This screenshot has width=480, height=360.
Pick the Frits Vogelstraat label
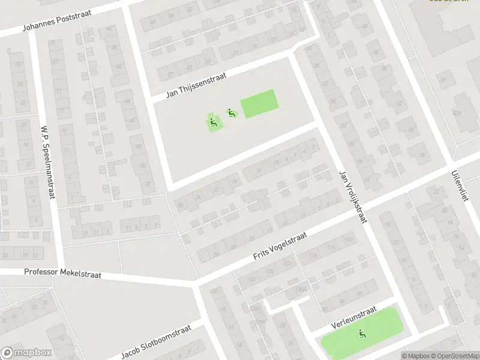point(279,246)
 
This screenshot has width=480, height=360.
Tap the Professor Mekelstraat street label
point(63,273)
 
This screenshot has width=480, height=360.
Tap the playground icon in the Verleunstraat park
point(361,334)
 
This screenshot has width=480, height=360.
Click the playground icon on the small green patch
point(213,124)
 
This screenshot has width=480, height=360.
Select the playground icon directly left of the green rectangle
point(230,112)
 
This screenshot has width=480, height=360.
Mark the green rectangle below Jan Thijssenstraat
point(259,104)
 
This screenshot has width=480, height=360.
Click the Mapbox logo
point(26,353)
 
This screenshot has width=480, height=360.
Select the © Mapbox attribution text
point(415,356)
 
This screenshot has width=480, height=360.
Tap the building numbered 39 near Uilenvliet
point(445,79)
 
